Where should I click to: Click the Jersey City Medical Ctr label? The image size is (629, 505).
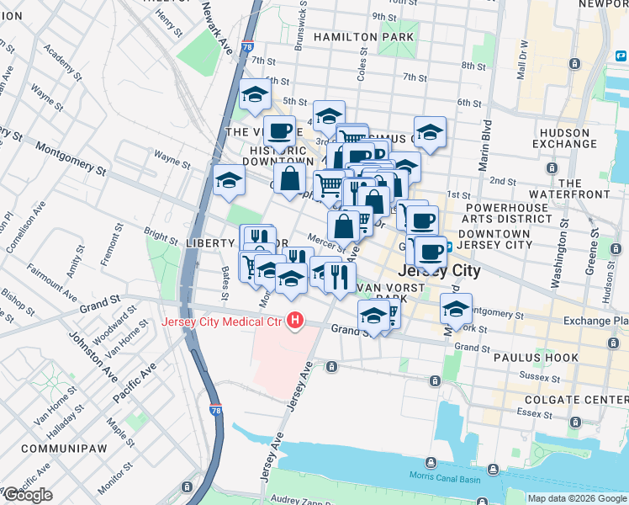223,322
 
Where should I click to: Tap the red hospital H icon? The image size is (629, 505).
294,322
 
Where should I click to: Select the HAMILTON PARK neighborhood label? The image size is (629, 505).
363,38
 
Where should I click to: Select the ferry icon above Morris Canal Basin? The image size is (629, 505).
431,462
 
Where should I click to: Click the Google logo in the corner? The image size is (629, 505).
28,495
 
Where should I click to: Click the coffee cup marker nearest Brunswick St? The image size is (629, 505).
279,131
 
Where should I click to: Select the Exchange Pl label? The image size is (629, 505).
598,322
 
